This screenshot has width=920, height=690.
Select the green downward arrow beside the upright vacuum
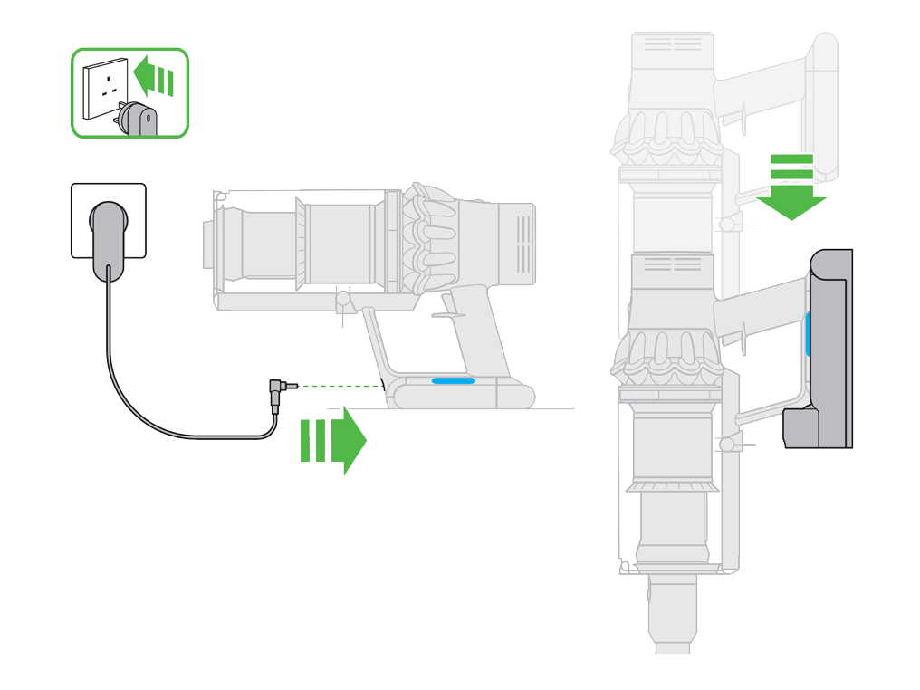click(791, 186)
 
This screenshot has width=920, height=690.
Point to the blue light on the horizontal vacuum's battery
click(453, 381)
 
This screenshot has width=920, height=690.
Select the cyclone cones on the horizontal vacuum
click(430, 240)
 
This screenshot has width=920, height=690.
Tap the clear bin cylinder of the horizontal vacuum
click(340, 244)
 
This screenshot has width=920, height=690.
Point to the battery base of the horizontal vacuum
click(462, 391)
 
